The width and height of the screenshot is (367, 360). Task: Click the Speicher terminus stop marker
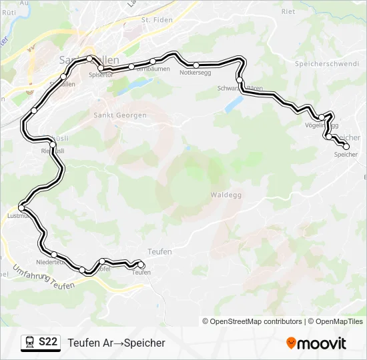(346, 147)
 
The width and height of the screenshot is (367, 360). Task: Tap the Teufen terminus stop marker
(141, 265)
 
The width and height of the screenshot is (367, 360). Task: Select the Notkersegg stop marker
(196, 65)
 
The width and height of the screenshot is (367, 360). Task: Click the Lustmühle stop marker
(21, 209)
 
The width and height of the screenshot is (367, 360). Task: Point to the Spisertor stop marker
(101, 68)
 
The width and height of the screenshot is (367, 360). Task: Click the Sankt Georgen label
(121, 115)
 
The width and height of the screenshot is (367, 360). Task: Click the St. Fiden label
(157, 20)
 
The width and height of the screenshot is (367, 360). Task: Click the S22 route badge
(48, 343)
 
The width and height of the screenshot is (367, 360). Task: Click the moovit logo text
(322, 343)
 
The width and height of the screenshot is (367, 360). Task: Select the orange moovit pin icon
(291, 343)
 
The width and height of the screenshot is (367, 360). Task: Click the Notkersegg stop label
(196, 73)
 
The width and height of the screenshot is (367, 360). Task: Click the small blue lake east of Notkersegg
(234, 105)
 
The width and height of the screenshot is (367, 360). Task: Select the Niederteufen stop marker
(53, 254)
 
